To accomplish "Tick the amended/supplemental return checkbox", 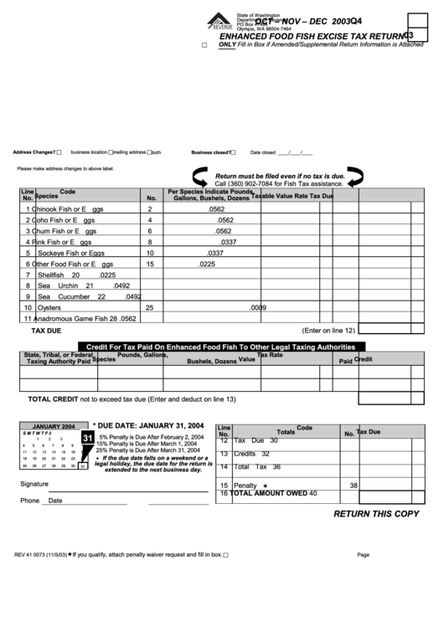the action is (x=204, y=46).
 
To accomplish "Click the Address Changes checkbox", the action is (x=59, y=152).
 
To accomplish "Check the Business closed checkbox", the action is (x=235, y=152).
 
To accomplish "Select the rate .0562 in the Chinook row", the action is (x=216, y=209).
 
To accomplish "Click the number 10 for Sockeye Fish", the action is (x=150, y=253).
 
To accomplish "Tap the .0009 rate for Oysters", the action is (x=257, y=307).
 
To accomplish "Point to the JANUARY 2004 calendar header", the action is (x=54, y=425).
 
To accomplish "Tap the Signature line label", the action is (x=34, y=485).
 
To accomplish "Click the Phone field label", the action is (x=29, y=501).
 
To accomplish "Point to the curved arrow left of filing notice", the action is (x=203, y=177).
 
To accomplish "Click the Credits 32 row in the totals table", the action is (x=250, y=454).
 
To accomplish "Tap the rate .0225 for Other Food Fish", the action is (x=207, y=264).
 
